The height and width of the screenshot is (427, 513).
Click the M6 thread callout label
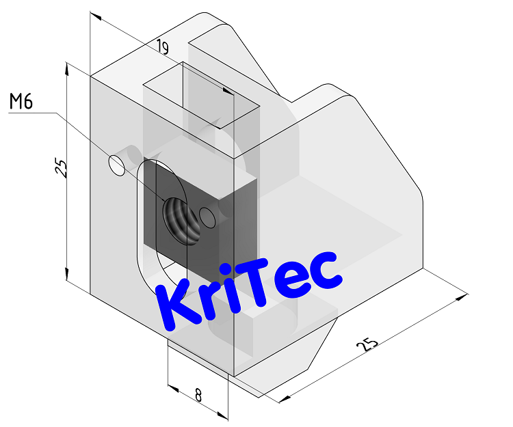tap(21, 102)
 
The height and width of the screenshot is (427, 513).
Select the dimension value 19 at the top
tap(162, 47)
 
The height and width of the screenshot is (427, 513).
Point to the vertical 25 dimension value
tap(60, 168)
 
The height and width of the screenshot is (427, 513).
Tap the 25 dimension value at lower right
tap(368, 344)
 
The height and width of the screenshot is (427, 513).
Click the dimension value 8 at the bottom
tap(198, 395)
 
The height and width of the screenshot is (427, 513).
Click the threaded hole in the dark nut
tap(180, 219)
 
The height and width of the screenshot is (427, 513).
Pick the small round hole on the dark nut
tap(208, 219)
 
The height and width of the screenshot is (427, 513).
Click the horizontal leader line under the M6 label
tap(31, 114)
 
